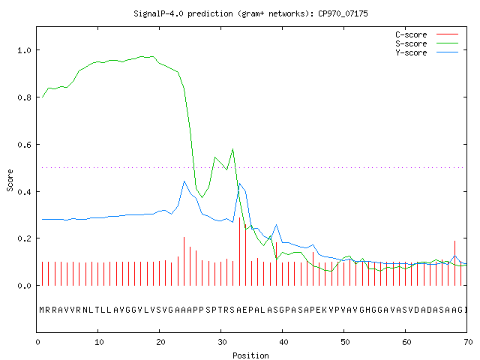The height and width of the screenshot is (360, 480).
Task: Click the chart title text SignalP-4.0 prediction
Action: tap(183, 13)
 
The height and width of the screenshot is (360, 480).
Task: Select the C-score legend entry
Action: tap(427, 34)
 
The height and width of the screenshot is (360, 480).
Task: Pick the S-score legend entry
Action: tap(427, 43)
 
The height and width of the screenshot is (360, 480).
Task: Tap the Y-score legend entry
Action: tap(427, 52)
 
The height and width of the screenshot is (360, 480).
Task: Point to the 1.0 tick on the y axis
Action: tap(25, 50)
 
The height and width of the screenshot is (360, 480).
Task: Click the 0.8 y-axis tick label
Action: tap(25, 97)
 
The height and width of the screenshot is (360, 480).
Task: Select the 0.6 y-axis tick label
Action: tap(25, 145)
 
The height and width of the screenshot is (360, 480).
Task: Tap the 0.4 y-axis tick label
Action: tap(25, 192)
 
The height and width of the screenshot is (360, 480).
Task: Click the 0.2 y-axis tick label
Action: tap(25, 238)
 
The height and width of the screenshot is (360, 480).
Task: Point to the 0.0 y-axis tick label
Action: tap(25, 286)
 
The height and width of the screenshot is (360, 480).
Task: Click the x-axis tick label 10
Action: tap(99, 342)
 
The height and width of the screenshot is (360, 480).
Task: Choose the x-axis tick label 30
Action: tap(222, 342)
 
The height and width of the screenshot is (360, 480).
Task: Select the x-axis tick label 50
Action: tap(345, 342)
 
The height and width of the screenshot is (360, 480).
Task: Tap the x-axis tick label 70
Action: tap(468, 342)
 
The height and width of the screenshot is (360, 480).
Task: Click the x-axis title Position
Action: tap(250, 355)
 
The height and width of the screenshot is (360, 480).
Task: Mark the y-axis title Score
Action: tap(10, 181)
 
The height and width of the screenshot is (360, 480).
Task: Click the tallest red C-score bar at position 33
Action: tap(239, 251)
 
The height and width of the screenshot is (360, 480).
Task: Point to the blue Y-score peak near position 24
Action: tap(184, 181)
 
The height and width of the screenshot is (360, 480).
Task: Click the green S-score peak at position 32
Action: tap(233, 149)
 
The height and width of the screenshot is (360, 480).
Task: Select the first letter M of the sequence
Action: tap(42, 310)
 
